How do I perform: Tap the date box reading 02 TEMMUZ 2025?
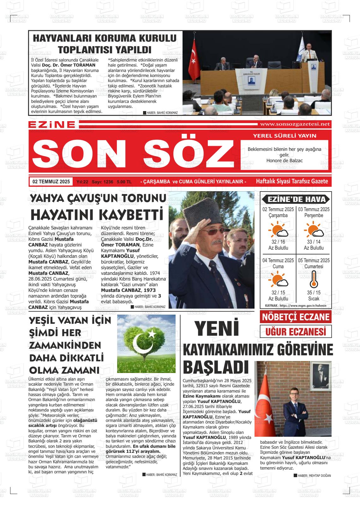coord(51,182)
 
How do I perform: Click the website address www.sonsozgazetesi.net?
coord(294,124)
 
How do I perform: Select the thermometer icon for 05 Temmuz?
coord(314,280)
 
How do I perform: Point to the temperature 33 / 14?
coord(314,242)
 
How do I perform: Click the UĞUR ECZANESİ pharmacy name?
coord(296,332)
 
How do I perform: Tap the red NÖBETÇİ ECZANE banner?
coord(296,317)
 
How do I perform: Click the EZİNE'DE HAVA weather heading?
coord(296,199)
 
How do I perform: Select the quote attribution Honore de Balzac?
coord(284,161)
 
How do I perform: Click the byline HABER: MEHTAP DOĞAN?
coord(314,476)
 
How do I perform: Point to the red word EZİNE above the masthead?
coord(52,125)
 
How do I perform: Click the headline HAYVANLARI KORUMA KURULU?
coord(105,38)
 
